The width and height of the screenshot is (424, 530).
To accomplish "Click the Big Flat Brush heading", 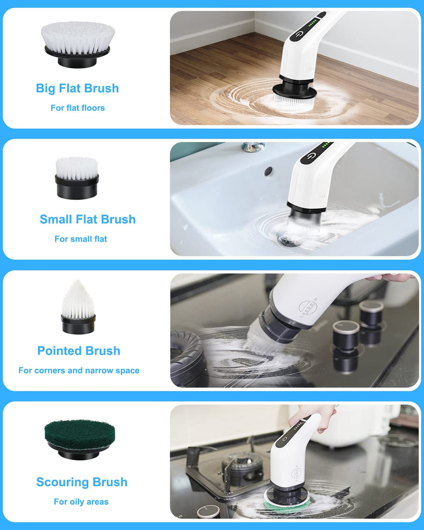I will click(x=77, y=88).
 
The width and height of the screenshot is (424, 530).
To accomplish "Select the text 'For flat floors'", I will click(x=78, y=108).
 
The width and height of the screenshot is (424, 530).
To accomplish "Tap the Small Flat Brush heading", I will click(x=88, y=219).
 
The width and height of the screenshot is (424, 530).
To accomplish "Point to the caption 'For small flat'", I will click(x=81, y=239).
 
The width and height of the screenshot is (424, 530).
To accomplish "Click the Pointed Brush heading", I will click(x=79, y=351).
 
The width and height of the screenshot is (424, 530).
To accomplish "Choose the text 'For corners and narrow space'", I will click(x=79, y=371).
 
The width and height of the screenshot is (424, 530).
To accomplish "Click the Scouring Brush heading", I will click(x=82, y=482).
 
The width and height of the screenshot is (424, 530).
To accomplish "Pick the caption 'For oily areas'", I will click(x=81, y=502).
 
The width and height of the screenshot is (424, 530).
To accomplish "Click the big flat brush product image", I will click(x=78, y=44).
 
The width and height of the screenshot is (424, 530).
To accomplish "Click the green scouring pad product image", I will click(x=80, y=439).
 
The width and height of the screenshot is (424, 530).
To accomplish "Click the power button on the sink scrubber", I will click(x=312, y=156).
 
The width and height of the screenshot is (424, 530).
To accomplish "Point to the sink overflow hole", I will click(x=269, y=171).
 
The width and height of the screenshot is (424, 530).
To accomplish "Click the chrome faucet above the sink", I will click(x=253, y=147).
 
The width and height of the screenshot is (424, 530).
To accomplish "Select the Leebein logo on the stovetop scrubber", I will click(x=308, y=308).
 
